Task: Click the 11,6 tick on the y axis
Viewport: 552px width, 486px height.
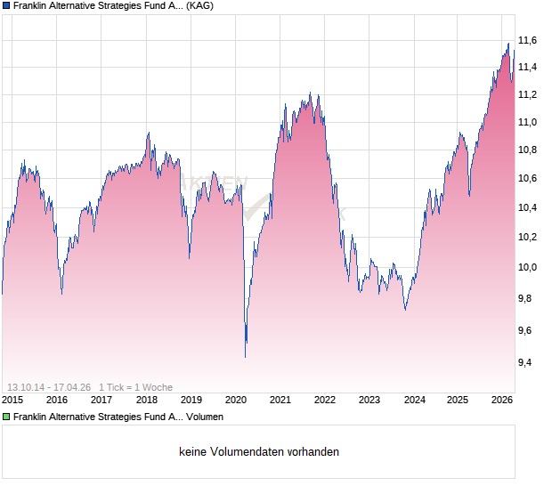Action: click(x=528, y=40)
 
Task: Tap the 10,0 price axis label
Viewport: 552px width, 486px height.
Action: click(x=528, y=267)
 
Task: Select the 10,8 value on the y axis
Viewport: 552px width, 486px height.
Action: click(x=528, y=150)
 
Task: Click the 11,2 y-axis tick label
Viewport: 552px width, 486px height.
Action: click(x=528, y=94)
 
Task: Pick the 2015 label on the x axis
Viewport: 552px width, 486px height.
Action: click(x=13, y=400)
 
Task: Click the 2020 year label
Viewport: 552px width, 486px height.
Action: click(x=235, y=400)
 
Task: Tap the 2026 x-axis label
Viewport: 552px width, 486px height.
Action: click(x=501, y=400)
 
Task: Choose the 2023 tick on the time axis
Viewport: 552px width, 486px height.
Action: click(x=369, y=400)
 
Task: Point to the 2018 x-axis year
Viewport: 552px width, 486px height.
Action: click(x=146, y=400)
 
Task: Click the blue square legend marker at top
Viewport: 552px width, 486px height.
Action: click(x=6, y=5)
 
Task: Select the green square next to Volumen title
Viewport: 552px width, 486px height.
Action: click(x=6, y=417)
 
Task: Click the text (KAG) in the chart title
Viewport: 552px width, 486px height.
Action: click(x=199, y=5)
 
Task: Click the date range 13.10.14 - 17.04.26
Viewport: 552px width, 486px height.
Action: click(x=47, y=387)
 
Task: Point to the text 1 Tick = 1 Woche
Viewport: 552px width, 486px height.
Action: click(x=135, y=387)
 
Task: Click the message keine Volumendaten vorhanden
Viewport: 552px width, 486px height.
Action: click(x=259, y=452)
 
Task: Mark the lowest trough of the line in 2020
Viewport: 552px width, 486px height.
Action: click(x=246, y=356)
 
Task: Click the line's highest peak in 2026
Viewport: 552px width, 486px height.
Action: click(x=508, y=44)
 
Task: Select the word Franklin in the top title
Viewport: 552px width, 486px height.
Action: click(x=33, y=5)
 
